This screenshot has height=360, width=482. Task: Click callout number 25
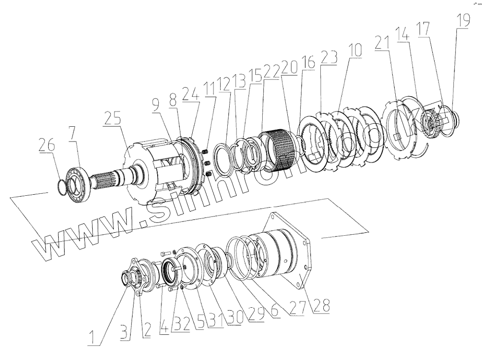113,119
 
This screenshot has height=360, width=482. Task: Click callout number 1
91,338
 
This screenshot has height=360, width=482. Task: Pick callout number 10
355,51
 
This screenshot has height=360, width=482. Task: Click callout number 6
275,313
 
